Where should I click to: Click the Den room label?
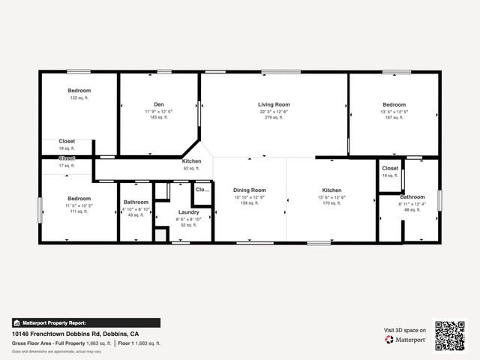click(159, 104)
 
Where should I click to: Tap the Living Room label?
click(274, 104)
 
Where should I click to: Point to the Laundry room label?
click(188, 212)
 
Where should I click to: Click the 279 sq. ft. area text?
click(274, 117)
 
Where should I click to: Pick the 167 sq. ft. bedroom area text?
click(394, 117)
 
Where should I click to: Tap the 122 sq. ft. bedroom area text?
click(79, 98)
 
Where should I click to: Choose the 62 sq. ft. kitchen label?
click(191, 168)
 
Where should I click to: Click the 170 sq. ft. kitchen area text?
click(331, 203)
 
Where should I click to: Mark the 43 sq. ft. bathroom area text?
click(136, 215)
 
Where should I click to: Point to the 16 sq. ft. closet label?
click(390, 175)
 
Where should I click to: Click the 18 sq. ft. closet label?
click(67, 148)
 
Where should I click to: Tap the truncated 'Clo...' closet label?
click(202, 190)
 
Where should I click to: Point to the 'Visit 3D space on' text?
click(405, 330)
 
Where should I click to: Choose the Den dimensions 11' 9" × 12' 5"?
click(159, 111)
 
